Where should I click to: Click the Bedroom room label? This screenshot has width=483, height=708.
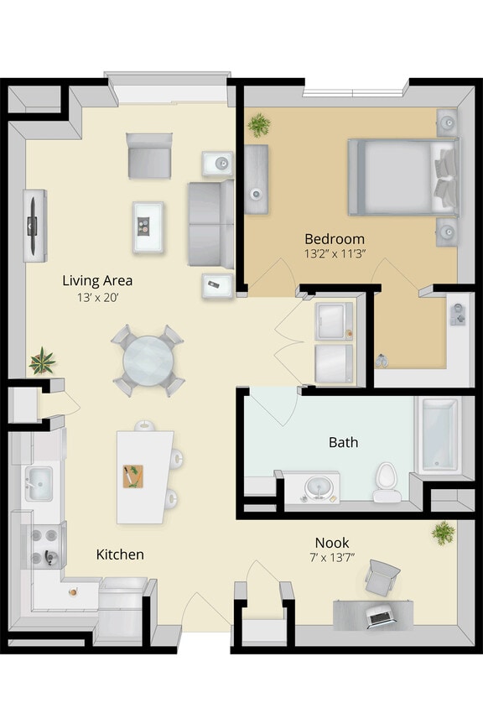click(x=334, y=238)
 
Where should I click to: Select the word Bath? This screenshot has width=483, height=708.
click(x=343, y=441)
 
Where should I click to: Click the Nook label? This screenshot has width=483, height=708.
click(x=331, y=542)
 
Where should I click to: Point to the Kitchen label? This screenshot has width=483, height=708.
click(x=120, y=554)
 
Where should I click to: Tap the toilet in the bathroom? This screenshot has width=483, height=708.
click(x=385, y=476)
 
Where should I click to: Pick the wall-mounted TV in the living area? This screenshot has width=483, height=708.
click(x=34, y=225)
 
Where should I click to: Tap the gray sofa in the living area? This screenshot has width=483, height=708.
click(x=210, y=222)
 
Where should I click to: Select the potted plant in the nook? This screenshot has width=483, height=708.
click(x=442, y=533)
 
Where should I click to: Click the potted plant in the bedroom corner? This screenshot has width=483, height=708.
click(x=259, y=126)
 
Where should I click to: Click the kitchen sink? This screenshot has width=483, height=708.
click(x=39, y=484)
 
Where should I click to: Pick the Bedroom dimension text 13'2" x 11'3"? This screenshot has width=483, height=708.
click(x=334, y=254)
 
